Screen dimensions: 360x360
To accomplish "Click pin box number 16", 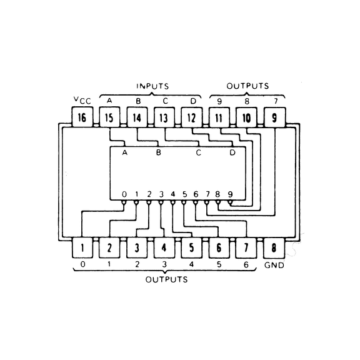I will (x=82, y=117).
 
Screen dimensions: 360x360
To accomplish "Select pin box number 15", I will (x=109, y=117).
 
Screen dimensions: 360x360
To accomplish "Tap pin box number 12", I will (x=191, y=117).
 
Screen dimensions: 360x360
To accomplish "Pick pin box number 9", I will (x=274, y=117).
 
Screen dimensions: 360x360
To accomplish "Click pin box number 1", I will (x=82, y=247).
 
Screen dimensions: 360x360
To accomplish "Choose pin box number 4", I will (x=164, y=247).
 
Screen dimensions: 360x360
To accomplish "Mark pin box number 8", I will (x=274, y=247).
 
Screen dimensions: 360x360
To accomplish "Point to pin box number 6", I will (x=219, y=247).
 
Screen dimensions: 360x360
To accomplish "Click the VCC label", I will (x=82, y=100).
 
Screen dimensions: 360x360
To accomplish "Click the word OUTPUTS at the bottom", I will (x=167, y=279).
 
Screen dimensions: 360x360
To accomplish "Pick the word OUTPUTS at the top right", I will (x=247, y=85).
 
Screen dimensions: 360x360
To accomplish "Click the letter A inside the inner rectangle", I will (x=124, y=152).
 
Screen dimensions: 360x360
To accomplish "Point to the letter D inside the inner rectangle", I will (x=232, y=152).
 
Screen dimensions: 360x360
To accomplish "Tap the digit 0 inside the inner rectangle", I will (x=124, y=194).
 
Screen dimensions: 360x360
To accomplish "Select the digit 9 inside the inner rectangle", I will (x=230, y=194).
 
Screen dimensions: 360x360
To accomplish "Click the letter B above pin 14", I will (x=137, y=100).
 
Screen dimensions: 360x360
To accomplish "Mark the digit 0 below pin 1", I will (x=82, y=264).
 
